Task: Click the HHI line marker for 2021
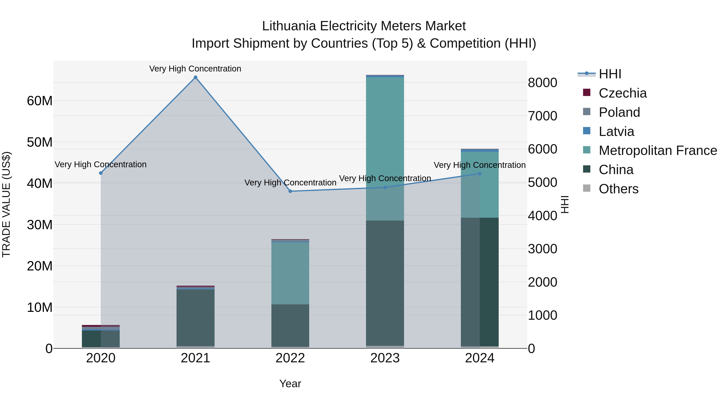[x=195, y=77]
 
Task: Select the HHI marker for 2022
[x=290, y=191]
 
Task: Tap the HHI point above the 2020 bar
[x=101, y=173]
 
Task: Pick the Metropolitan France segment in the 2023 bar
[x=385, y=147]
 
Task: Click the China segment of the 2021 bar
[x=195, y=318]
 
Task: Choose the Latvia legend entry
[x=616, y=131]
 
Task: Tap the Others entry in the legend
[x=618, y=189]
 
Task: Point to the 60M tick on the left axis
[x=40, y=101]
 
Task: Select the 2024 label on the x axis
[x=480, y=358]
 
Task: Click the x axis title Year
[x=290, y=384]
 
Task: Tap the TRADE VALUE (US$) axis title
[x=6, y=204]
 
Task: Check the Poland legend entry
[x=619, y=112]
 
